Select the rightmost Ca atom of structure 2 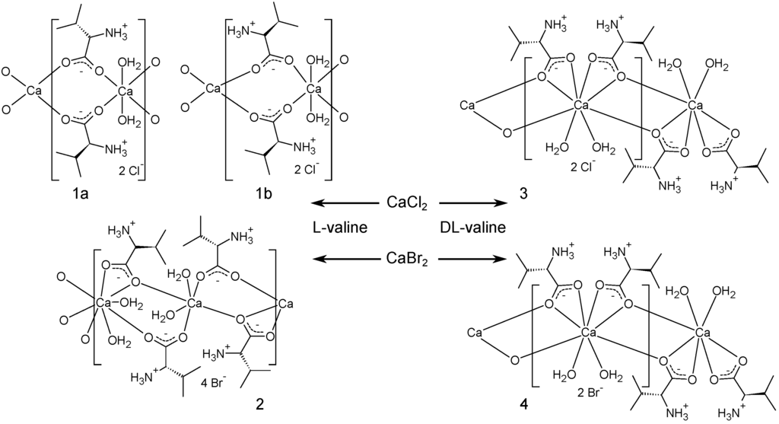point(286,304)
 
